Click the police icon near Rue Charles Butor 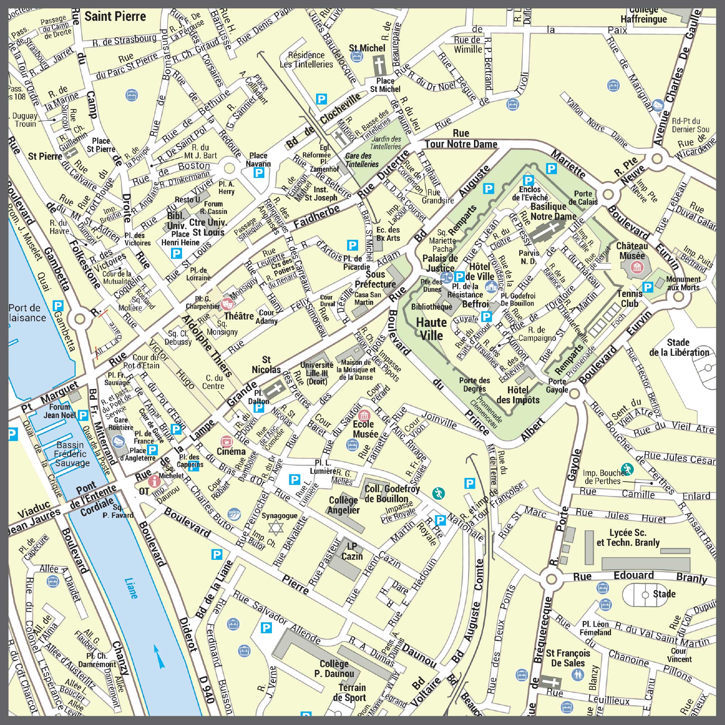point(234,513)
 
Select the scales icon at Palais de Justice point(446,277)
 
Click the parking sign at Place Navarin point(259,172)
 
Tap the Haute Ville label point(432,329)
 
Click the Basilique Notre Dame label point(553,211)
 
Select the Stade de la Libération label point(679,347)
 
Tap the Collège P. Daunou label point(334,669)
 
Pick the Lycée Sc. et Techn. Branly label point(628,538)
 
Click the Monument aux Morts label point(683,283)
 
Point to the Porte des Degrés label point(474,385)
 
